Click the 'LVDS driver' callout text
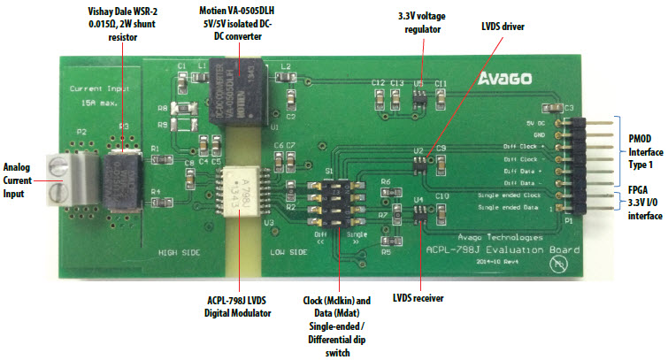coord(503,27)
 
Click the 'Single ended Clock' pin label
coord(519,194)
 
